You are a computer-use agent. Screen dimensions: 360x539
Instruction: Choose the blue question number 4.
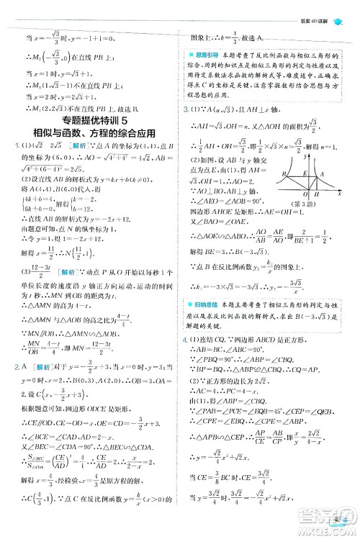point(185,338)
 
